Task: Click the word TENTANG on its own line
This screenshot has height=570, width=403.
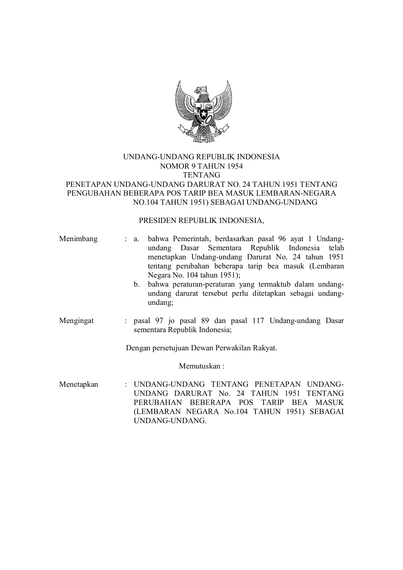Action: (x=201, y=175)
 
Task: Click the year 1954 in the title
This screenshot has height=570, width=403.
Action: (x=235, y=166)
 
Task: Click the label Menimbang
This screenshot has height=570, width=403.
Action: (x=78, y=239)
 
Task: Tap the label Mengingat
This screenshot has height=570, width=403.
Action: (x=76, y=321)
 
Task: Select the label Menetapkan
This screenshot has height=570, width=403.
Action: (x=79, y=384)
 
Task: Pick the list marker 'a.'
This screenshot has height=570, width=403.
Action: (x=136, y=239)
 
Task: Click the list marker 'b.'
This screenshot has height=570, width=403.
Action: (x=137, y=284)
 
